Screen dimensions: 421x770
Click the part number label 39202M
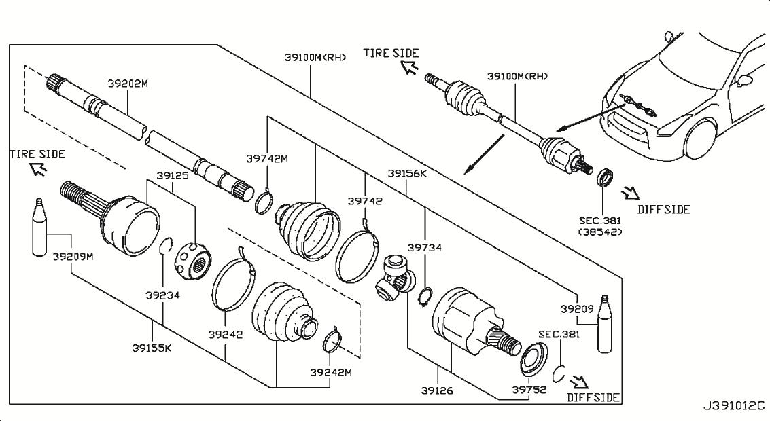point(127,84)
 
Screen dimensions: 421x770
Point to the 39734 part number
point(425,248)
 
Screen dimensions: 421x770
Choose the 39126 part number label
point(438,390)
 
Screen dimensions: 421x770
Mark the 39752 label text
point(529,390)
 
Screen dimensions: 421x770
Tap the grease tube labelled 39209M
point(40,228)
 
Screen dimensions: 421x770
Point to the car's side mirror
point(745,80)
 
